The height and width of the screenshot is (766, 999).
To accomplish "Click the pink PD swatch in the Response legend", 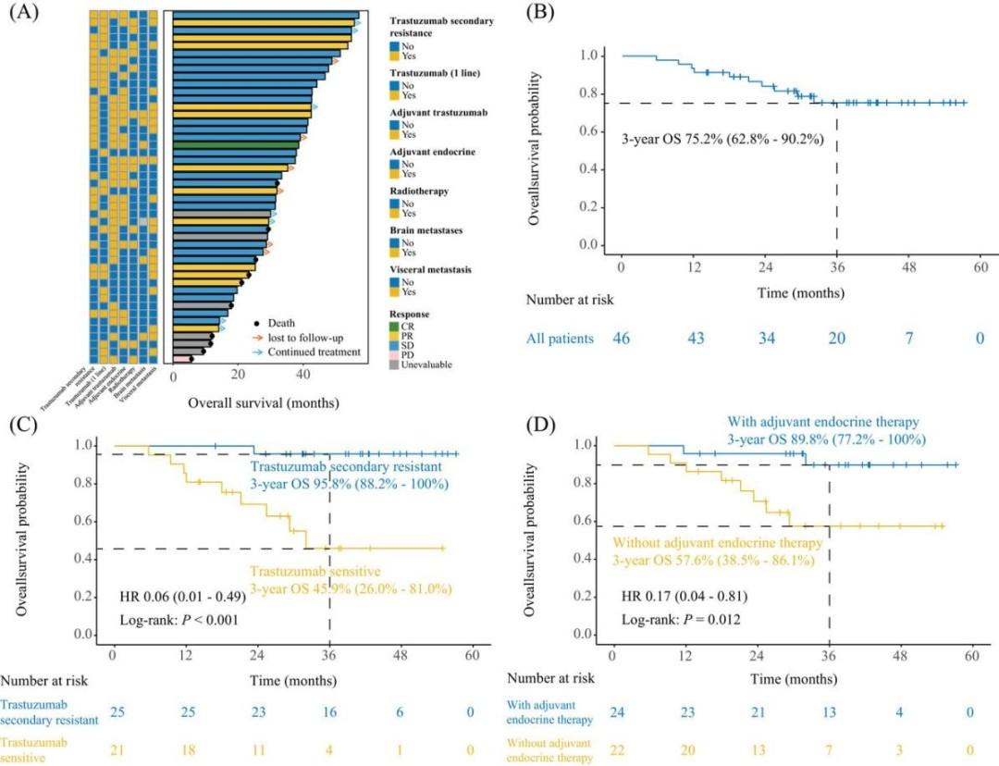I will pyautogui.click(x=395, y=354).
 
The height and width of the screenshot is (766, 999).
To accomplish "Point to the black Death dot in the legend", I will pyautogui.click(x=259, y=323).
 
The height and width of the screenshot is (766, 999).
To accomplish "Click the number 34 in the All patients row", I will pyautogui.click(x=767, y=339).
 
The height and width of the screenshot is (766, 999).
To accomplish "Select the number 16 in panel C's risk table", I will pyautogui.click(x=330, y=711).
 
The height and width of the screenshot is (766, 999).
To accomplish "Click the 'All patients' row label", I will pyautogui.click(x=560, y=339).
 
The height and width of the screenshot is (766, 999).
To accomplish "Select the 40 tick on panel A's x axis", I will pyautogui.click(x=303, y=376).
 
